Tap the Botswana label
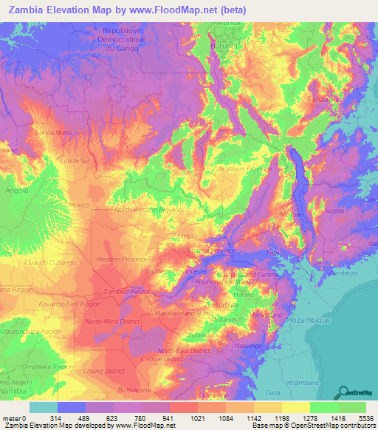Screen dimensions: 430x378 (x=134, y=389)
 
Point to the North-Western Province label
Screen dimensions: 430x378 (x=149, y=210)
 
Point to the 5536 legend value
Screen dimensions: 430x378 (x=366, y=417)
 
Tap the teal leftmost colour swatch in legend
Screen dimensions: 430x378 (x=44, y=407)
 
